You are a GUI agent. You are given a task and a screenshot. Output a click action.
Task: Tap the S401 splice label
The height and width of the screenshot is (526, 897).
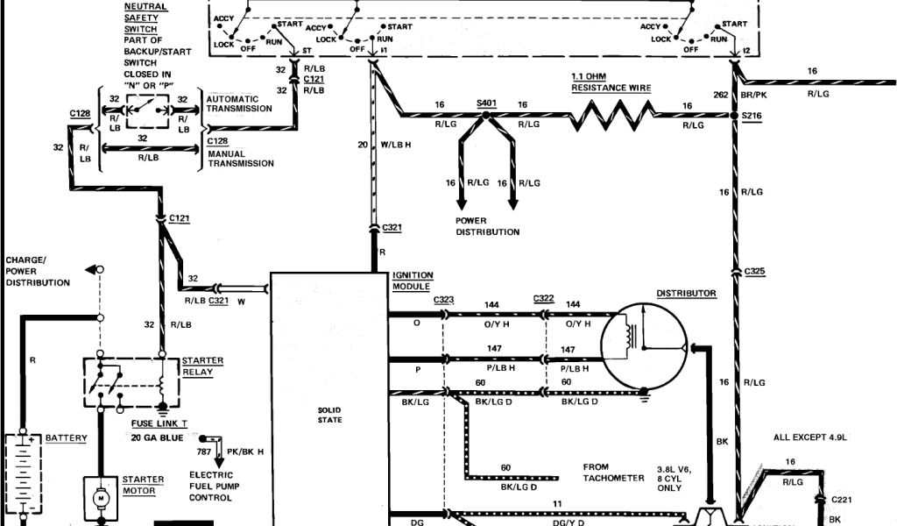[486, 104]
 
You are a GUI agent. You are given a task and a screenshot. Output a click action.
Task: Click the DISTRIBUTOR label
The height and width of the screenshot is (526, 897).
[687, 293]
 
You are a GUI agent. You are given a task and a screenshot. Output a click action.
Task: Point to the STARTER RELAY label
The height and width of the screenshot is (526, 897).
[202, 366]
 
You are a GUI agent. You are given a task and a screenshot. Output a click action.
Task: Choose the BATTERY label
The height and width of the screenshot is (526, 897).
[66, 437]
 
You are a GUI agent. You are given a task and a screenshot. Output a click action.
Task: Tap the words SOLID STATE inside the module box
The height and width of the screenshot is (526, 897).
[330, 415]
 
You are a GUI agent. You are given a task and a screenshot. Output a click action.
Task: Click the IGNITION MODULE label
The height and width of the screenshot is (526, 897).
[412, 281]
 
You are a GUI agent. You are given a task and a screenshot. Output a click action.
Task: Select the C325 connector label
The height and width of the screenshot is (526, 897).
[754, 272]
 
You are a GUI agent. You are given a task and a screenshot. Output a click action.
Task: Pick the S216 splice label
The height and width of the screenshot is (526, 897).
[752, 115]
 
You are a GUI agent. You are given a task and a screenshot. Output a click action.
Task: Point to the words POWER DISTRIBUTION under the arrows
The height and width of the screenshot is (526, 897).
[487, 226]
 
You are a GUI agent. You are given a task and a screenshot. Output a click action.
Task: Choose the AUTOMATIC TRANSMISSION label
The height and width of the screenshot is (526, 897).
[239, 103]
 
